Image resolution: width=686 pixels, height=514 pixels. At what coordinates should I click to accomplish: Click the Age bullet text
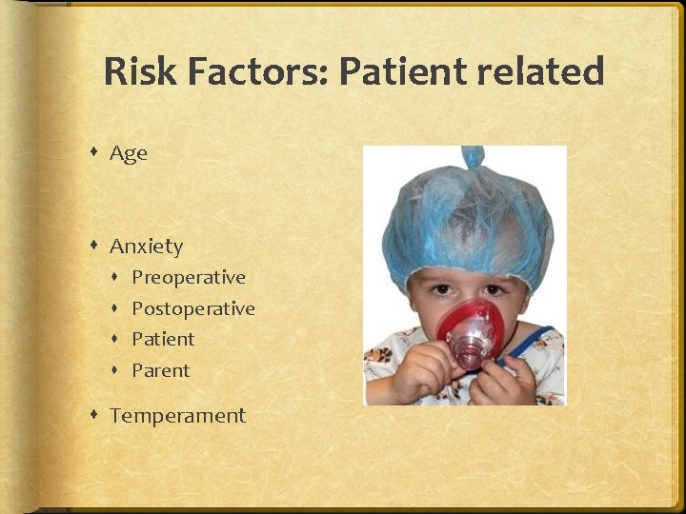click(129, 153)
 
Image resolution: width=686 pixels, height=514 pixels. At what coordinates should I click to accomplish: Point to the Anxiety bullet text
click(146, 247)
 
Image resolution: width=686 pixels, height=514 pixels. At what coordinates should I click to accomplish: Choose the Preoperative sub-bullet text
click(189, 278)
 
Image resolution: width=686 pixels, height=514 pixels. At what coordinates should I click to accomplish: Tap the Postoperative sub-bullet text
click(193, 309)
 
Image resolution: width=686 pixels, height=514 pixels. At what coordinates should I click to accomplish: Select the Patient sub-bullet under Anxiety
click(163, 340)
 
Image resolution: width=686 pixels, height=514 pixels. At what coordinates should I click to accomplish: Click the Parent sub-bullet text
click(161, 370)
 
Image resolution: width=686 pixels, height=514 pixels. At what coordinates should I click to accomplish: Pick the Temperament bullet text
click(177, 416)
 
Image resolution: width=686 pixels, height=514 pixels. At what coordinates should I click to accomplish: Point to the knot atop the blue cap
click(473, 157)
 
